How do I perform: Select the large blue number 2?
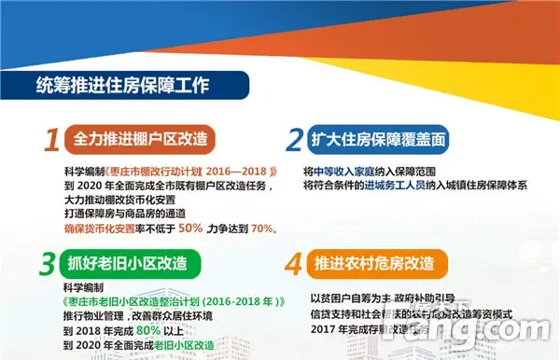coord(294,140)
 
